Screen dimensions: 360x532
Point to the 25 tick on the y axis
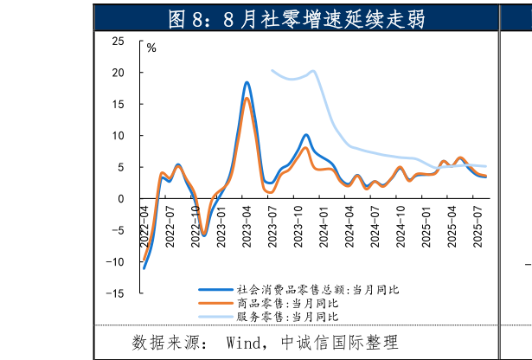[x=118, y=42]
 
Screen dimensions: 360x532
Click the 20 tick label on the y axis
[x=118, y=73]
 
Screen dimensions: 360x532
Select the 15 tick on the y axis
[x=118, y=105]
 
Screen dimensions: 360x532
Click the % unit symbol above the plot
[x=151, y=48]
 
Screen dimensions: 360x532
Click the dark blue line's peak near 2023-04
[x=247, y=82]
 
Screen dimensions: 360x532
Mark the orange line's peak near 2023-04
[x=247, y=98]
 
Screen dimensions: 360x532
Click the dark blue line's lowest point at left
[x=144, y=268]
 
